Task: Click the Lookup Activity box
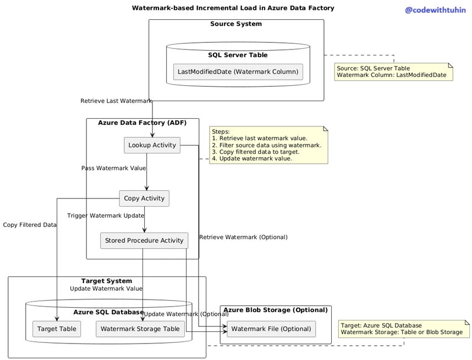[152, 145]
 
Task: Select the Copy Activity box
[144, 198]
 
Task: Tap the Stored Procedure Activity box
[144, 241]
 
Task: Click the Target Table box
[57, 329]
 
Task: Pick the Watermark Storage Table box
[140, 329]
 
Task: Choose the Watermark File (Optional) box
[271, 329]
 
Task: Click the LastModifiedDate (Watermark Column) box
[238, 72]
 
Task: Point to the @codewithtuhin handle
[435, 10]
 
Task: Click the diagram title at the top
[233, 8]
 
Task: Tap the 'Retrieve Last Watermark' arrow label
[116, 101]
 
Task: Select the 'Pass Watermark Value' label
[113, 168]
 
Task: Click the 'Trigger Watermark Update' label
[106, 215]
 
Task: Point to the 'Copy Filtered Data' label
[30, 225]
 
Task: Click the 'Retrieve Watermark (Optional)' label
[243, 237]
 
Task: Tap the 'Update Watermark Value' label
[106, 289]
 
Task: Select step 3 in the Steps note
[256, 152]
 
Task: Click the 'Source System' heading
[236, 24]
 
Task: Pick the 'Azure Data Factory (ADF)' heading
[142, 123]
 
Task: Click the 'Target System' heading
[107, 281]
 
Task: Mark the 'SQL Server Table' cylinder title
[238, 55]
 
